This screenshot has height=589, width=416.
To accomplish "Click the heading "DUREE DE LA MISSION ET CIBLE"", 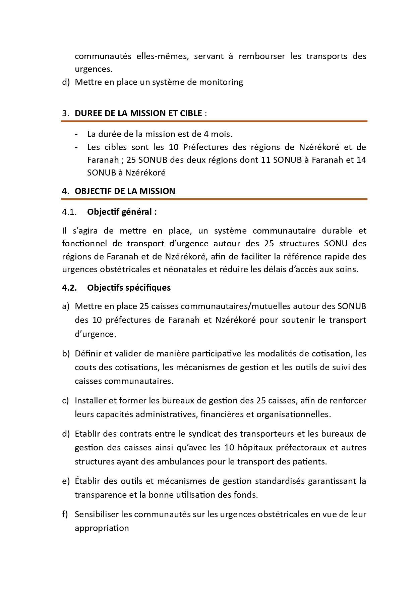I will tap(138, 113).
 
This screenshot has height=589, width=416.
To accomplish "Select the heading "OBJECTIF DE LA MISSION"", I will tap(125, 191).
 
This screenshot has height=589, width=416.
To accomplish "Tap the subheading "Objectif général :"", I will tap(122, 212).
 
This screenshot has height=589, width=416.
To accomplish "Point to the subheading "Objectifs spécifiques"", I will tap(129, 288).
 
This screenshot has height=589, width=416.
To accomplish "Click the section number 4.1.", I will tap(69, 212).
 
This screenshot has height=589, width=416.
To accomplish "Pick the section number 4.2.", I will tap(69, 288).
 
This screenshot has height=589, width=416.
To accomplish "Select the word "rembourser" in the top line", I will tap(262, 56).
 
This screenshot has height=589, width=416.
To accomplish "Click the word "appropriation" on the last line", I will tap(102, 528).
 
